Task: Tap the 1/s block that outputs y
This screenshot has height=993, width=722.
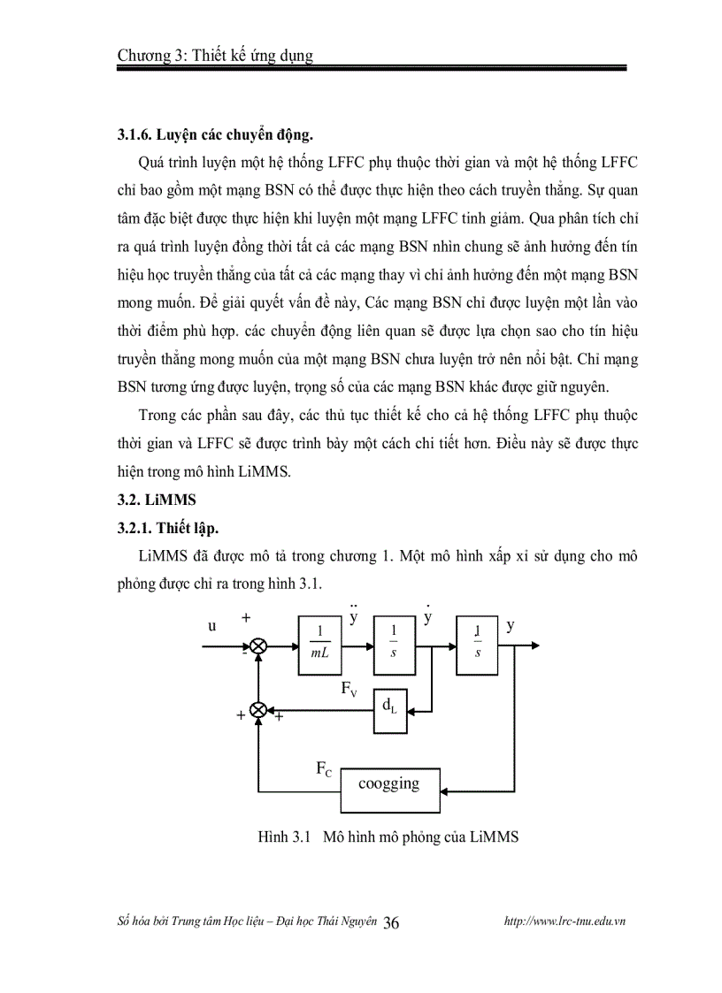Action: [x=478, y=645]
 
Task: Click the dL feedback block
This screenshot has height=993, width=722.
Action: [x=390, y=708]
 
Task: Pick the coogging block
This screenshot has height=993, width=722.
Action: [x=389, y=784]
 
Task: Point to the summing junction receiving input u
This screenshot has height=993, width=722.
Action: [x=258, y=646]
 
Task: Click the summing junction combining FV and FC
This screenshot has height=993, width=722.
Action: [x=258, y=709]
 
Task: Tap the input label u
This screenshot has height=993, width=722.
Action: [x=212, y=626]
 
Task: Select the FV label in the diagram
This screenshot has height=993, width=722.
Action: [x=349, y=688]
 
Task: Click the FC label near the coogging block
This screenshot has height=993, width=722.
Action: [x=325, y=769]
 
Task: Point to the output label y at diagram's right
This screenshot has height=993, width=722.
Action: [x=511, y=626]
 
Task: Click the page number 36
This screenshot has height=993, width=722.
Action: [x=392, y=922]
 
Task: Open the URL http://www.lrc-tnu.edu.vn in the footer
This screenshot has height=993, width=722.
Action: [x=565, y=921]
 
